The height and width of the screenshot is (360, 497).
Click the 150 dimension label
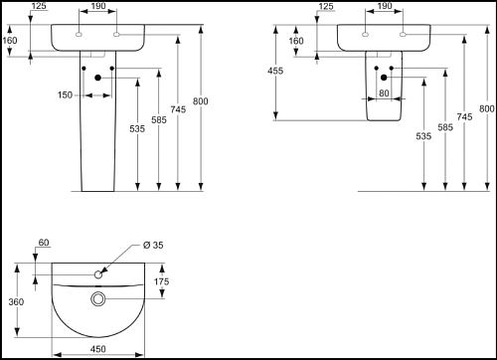[x=65, y=95]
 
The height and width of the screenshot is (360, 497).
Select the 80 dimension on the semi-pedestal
[x=384, y=93]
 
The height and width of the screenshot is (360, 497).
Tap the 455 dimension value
[x=275, y=71]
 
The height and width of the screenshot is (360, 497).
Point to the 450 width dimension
[x=98, y=349]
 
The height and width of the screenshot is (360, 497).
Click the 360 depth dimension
[x=16, y=302]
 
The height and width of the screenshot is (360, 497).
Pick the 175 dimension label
[x=161, y=281]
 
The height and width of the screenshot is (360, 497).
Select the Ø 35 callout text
[x=153, y=246]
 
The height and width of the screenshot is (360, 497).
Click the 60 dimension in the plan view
[x=44, y=243]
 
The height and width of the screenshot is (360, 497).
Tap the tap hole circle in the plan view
[x=98, y=274]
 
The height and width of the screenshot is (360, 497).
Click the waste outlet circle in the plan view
[x=97, y=299]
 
